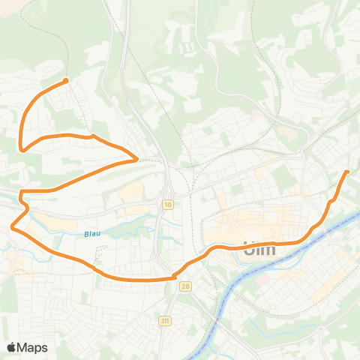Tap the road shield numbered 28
[184, 286]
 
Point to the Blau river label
[91, 233]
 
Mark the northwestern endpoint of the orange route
[66, 80]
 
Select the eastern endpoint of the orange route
[347, 172]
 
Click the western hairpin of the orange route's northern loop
[22, 149]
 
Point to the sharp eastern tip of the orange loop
[136, 159]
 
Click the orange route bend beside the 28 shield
[176, 275]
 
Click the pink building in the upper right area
[256, 116]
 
